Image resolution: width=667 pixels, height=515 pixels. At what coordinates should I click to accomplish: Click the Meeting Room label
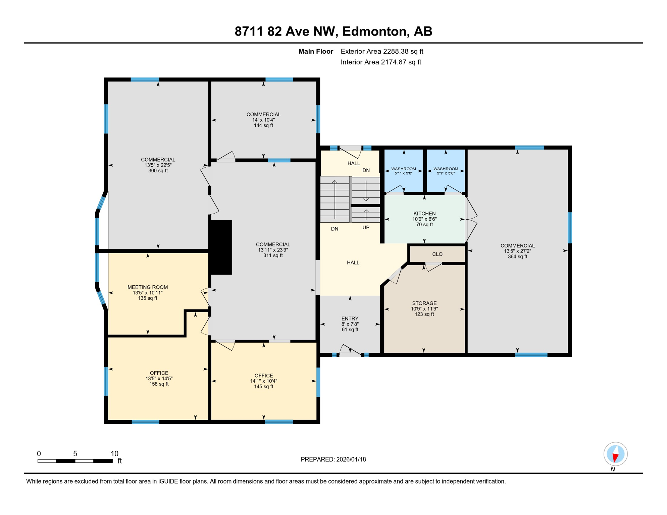[x=148, y=287]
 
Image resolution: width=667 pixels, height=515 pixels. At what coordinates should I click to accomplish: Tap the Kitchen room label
[x=424, y=214]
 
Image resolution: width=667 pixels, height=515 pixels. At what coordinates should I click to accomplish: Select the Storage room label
[x=424, y=303]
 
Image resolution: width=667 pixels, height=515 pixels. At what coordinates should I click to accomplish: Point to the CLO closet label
[x=437, y=254]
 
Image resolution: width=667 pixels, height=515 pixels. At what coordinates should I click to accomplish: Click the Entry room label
[x=350, y=319]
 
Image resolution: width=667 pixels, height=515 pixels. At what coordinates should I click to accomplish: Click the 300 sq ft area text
[x=158, y=171]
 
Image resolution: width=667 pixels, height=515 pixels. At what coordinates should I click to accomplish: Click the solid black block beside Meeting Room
[x=221, y=247]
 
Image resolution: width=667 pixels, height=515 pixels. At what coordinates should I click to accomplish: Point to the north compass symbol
[x=615, y=454]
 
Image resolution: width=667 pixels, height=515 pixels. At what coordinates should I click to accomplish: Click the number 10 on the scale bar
[x=114, y=454]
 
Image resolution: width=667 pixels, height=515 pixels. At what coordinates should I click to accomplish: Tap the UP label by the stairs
[x=366, y=228]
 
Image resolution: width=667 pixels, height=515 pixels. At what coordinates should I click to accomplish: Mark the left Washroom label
[x=404, y=169]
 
